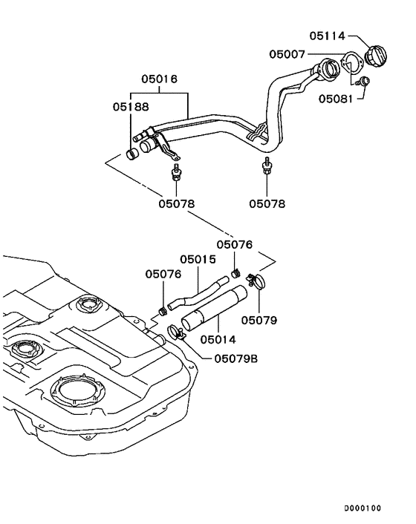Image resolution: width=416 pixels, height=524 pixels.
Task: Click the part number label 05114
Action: point(327,35)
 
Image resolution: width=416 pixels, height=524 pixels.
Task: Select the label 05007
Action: point(287,53)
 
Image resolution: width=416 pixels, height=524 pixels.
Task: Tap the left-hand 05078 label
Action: point(177,202)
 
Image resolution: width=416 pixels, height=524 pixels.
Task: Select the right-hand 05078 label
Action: point(267,202)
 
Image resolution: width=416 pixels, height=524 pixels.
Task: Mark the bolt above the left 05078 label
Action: point(175,174)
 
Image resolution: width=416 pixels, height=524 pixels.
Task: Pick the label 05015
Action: point(198,260)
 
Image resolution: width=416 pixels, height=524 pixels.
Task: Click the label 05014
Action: point(218,339)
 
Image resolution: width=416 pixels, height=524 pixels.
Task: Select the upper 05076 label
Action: point(235,243)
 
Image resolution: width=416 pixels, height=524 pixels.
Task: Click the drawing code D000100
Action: point(362,508)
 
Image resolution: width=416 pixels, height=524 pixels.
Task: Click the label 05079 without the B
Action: point(259,321)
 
